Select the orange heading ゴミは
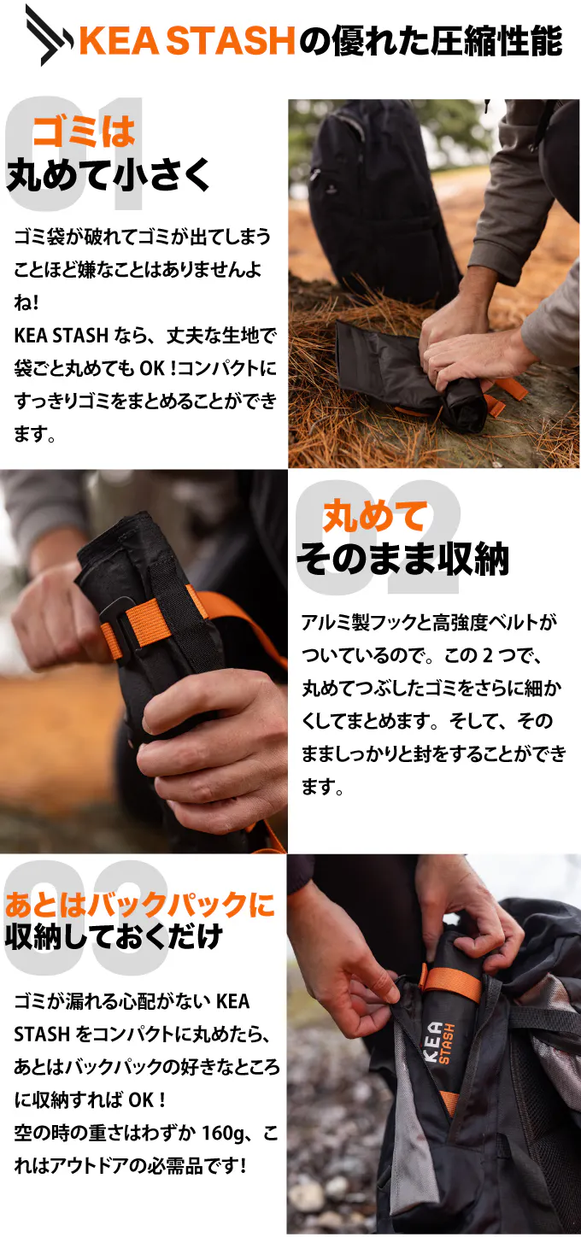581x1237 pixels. click(x=84, y=132)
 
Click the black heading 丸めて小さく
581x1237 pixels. click(x=109, y=174)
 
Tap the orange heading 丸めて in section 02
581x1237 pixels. click(x=376, y=516)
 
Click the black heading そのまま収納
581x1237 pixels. click(x=402, y=560)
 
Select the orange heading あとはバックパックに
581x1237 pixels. click(x=140, y=905)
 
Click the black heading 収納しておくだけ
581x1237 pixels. click(x=114, y=936)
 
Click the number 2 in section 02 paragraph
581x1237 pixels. click(x=487, y=655)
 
